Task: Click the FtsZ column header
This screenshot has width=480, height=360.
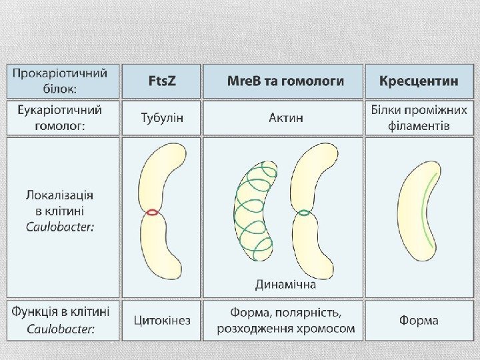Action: click(x=162, y=81)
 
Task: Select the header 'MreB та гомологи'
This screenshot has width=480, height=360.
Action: click(x=285, y=81)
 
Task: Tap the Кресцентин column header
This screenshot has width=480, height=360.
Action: click(x=419, y=81)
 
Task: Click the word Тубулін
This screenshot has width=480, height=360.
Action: click(x=162, y=118)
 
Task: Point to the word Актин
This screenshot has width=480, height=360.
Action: click(x=285, y=118)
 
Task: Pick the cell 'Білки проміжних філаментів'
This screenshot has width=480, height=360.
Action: click(x=419, y=118)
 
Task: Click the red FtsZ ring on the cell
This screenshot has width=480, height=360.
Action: click(x=153, y=213)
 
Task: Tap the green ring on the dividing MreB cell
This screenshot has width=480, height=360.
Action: click(x=304, y=214)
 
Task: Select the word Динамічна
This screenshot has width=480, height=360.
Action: click(x=285, y=285)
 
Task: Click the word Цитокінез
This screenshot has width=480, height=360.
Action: click(x=162, y=320)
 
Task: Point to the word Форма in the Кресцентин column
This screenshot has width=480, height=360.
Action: click(x=419, y=320)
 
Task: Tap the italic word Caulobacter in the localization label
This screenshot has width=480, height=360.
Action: click(x=59, y=227)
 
